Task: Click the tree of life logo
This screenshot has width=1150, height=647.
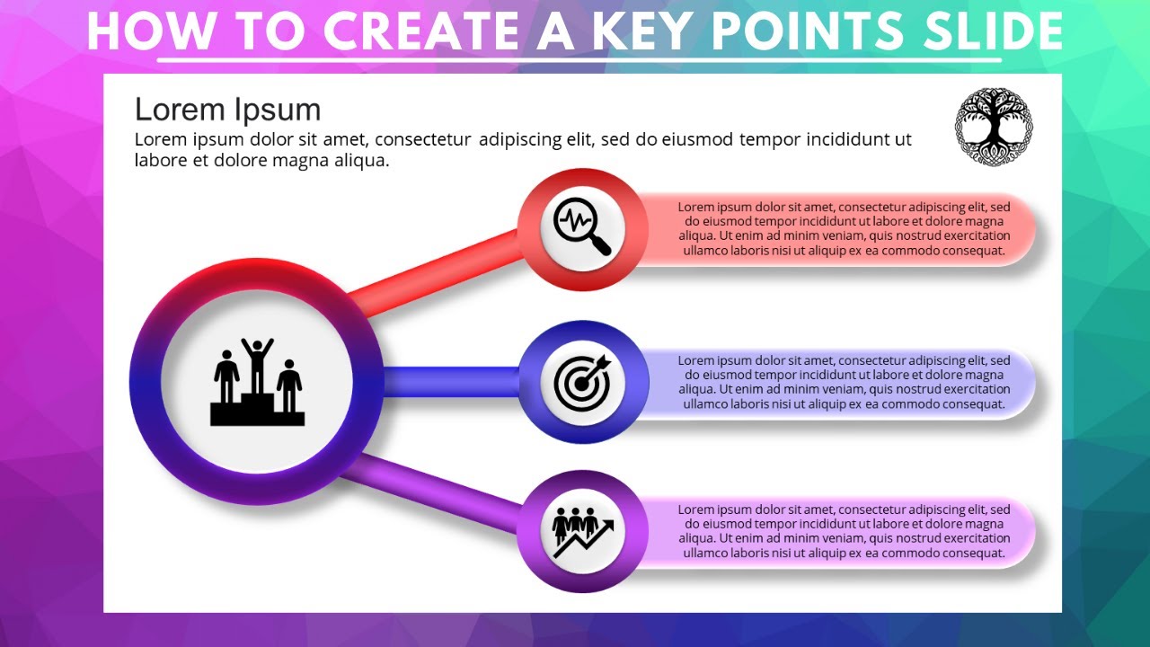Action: coord(993,127)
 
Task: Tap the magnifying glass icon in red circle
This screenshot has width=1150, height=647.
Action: coord(582,228)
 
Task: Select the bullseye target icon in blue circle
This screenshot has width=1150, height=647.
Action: coord(582,382)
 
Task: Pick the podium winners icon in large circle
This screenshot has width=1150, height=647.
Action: coord(257,382)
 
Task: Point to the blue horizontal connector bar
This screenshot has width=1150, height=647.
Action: coord(449,382)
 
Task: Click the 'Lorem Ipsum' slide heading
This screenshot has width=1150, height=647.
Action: coord(227,110)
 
